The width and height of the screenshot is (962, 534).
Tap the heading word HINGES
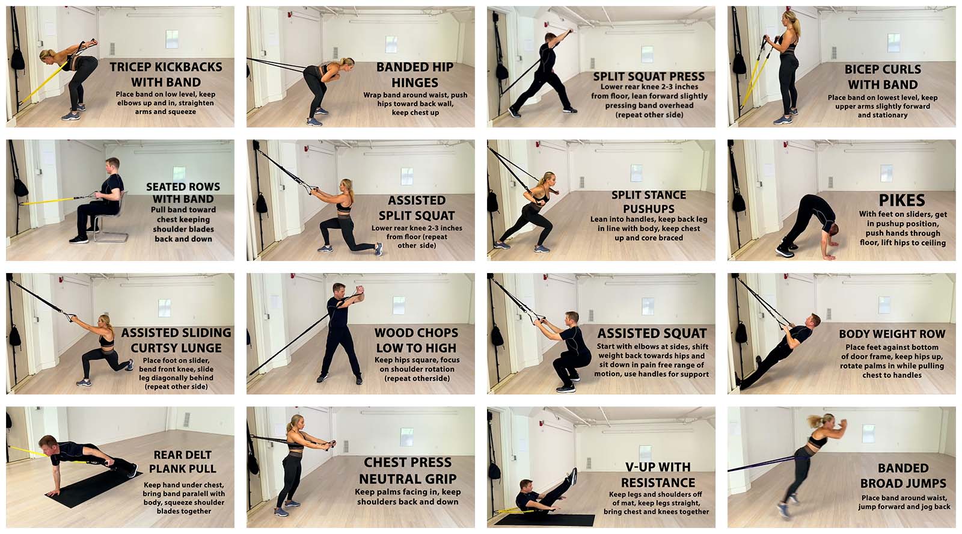click(x=415, y=82)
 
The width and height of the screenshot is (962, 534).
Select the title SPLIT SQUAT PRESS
click(x=649, y=76)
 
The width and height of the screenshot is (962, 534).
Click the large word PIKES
click(x=902, y=201)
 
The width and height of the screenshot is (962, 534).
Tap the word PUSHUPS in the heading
click(x=649, y=209)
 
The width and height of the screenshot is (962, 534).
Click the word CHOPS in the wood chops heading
click(x=435, y=333)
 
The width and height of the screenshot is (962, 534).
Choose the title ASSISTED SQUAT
click(x=652, y=333)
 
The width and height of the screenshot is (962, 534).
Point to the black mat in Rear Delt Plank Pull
click(x=94, y=489)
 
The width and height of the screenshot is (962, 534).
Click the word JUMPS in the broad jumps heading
click(x=923, y=483)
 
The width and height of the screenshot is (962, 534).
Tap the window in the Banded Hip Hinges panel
click(x=391, y=44)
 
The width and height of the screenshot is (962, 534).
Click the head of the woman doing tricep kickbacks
click(x=47, y=55)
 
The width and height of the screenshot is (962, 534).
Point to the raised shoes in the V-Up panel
click(x=572, y=477)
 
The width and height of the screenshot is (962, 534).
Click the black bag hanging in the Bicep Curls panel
click(x=739, y=64)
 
